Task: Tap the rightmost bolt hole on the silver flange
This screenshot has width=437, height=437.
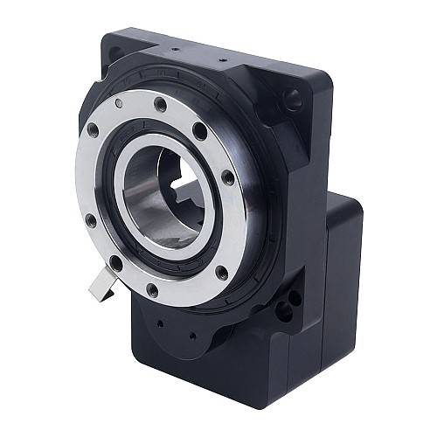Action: [227, 177]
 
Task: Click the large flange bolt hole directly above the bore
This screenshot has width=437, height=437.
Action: [161, 105]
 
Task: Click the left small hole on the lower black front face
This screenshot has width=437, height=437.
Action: [161, 322]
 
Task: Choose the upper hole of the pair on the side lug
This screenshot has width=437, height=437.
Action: [295, 297]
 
